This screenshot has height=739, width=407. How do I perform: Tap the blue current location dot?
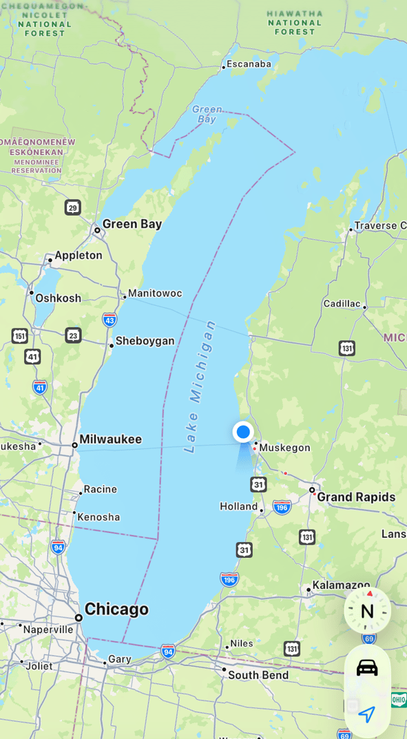pos(243,432)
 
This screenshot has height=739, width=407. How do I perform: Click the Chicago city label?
pos(116,610)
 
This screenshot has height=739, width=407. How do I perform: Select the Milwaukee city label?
pos(110,439)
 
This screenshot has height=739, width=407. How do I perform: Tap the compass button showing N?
pos(367,611)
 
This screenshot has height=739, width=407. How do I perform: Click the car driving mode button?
pos(367,667)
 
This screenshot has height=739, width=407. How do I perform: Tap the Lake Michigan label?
pos(200,386)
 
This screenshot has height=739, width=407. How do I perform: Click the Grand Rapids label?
pos(356,497)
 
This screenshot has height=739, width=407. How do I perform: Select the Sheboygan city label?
pos(145,341)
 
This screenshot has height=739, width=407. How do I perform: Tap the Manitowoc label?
pos(155,293)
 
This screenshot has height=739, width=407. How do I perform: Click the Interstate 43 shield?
pos(109,320)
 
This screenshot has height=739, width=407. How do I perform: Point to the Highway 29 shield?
pos(73,207)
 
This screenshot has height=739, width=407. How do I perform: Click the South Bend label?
pos(258,675)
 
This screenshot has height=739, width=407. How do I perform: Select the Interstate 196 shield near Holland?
pos(282,508)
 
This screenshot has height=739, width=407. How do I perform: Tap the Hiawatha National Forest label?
pos(295,22)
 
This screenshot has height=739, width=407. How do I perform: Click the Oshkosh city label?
pos(59,298)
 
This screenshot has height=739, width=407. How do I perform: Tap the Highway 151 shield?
pos(20,336)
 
